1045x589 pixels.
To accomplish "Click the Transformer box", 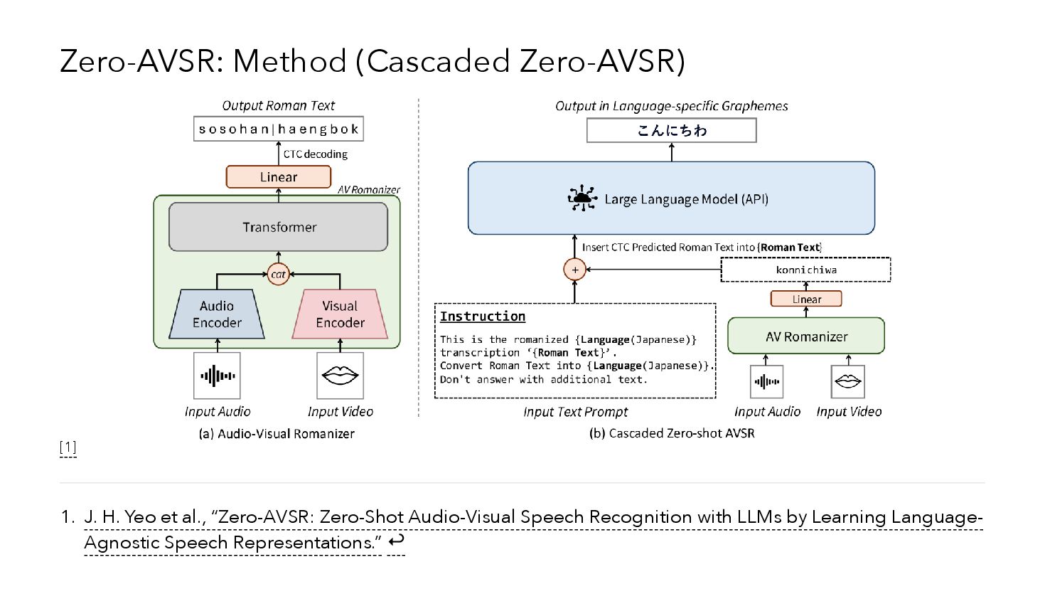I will click(x=278, y=227).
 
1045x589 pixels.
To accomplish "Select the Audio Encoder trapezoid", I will click(x=217, y=314).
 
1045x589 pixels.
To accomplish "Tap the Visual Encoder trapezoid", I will click(x=340, y=314).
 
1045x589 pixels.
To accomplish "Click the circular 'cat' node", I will click(x=278, y=274).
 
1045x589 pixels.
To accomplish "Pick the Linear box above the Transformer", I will click(x=278, y=176).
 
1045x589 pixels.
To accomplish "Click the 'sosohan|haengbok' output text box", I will click(x=278, y=129).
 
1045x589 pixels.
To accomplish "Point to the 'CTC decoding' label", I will click(x=315, y=154).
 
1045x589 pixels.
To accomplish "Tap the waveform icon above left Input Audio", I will click(x=217, y=376).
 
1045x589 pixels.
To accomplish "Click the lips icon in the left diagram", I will click(x=340, y=376).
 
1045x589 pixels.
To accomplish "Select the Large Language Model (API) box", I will click(x=671, y=198).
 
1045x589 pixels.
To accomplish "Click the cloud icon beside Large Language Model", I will click(x=582, y=198).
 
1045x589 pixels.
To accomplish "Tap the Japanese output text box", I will click(x=671, y=130).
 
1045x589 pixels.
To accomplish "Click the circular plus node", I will click(x=574, y=270).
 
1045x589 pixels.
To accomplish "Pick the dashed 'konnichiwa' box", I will click(x=805, y=270).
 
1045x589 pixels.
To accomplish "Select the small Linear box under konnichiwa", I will click(x=806, y=299).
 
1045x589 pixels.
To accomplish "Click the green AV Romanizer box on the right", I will click(x=806, y=336).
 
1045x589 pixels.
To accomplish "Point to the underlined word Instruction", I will click(x=483, y=317).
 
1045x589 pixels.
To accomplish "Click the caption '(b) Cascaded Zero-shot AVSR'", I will click(x=672, y=433).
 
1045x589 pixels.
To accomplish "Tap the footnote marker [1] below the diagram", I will click(x=68, y=447).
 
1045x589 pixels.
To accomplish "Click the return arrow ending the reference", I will click(x=396, y=541).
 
